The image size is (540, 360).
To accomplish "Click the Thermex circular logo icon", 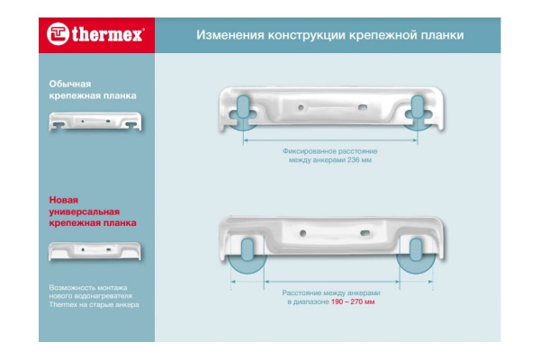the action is pyautogui.click(x=58, y=34).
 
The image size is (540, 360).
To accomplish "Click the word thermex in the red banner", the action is pyautogui.click(x=107, y=34).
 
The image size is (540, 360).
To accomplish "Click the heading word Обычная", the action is pyautogui.click(x=70, y=84).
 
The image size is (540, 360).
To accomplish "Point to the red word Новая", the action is pyautogui.click(x=63, y=200).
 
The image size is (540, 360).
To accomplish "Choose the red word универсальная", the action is pyautogui.click(x=84, y=211).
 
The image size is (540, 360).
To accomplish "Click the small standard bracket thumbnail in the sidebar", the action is pyautogui.click(x=95, y=121).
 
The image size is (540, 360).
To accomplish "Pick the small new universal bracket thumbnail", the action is pyautogui.click(x=94, y=251).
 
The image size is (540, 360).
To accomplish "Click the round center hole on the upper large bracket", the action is pyautogui.click(x=301, y=107).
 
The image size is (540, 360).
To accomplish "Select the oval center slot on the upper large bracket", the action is pyautogui.click(x=363, y=107).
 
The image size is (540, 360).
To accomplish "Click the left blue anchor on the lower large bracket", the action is pyautogui.click(x=247, y=250).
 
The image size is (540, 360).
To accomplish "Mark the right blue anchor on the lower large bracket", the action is pyautogui.click(x=416, y=250).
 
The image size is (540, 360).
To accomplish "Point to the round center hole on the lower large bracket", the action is pyautogui.click(x=303, y=233).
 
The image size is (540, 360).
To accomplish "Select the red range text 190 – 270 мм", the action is pyautogui.click(x=353, y=302).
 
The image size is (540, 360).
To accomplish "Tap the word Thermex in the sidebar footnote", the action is pyautogui.click(x=63, y=304).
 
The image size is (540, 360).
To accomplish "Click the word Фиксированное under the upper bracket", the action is pyautogui.click(x=310, y=151).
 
